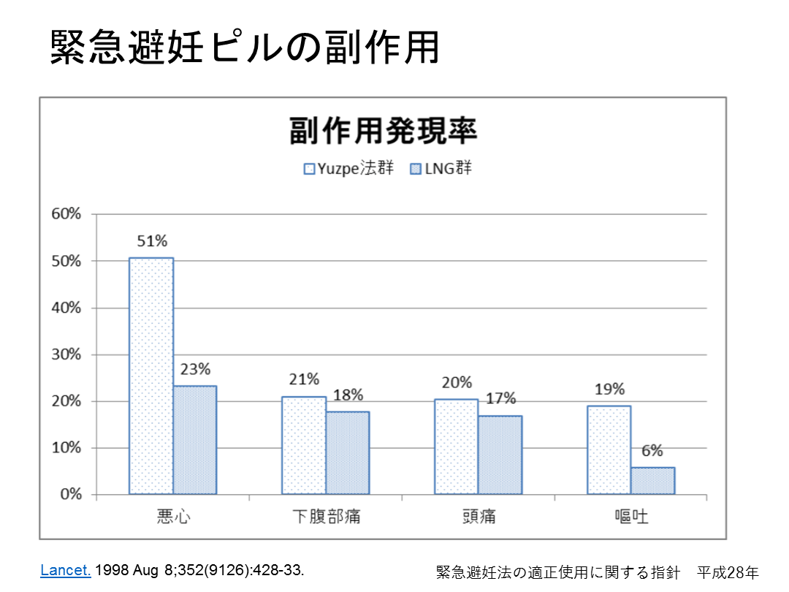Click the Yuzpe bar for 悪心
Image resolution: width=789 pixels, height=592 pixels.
pyautogui.click(x=151, y=376)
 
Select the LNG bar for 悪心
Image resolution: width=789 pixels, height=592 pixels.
pyautogui.click(x=195, y=440)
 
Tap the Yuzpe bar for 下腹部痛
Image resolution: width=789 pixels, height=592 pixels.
pyautogui.click(x=304, y=445)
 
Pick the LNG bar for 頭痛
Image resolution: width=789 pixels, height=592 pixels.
pyautogui.click(x=500, y=455)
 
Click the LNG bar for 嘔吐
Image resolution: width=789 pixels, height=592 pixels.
pyautogui.click(x=653, y=481)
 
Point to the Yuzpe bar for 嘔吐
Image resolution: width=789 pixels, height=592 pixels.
pyautogui.click(x=609, y=449)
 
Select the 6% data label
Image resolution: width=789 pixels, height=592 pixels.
pyautogui.click(x=652, y=452)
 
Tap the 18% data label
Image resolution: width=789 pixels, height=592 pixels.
pyautogui.click(x=348, y=395)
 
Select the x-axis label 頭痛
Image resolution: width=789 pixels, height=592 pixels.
pyautogui.click(x=479, y=516)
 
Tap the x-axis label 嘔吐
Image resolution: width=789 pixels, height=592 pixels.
pyautogui.click(x=631, y=516)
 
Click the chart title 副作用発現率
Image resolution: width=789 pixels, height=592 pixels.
pyautogui.click(x=383, y=132)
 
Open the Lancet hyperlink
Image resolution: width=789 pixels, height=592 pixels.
pyautogui.click(x=66, y=570)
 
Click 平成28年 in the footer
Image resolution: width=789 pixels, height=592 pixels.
pyautogui.click(x=728, y=572)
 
